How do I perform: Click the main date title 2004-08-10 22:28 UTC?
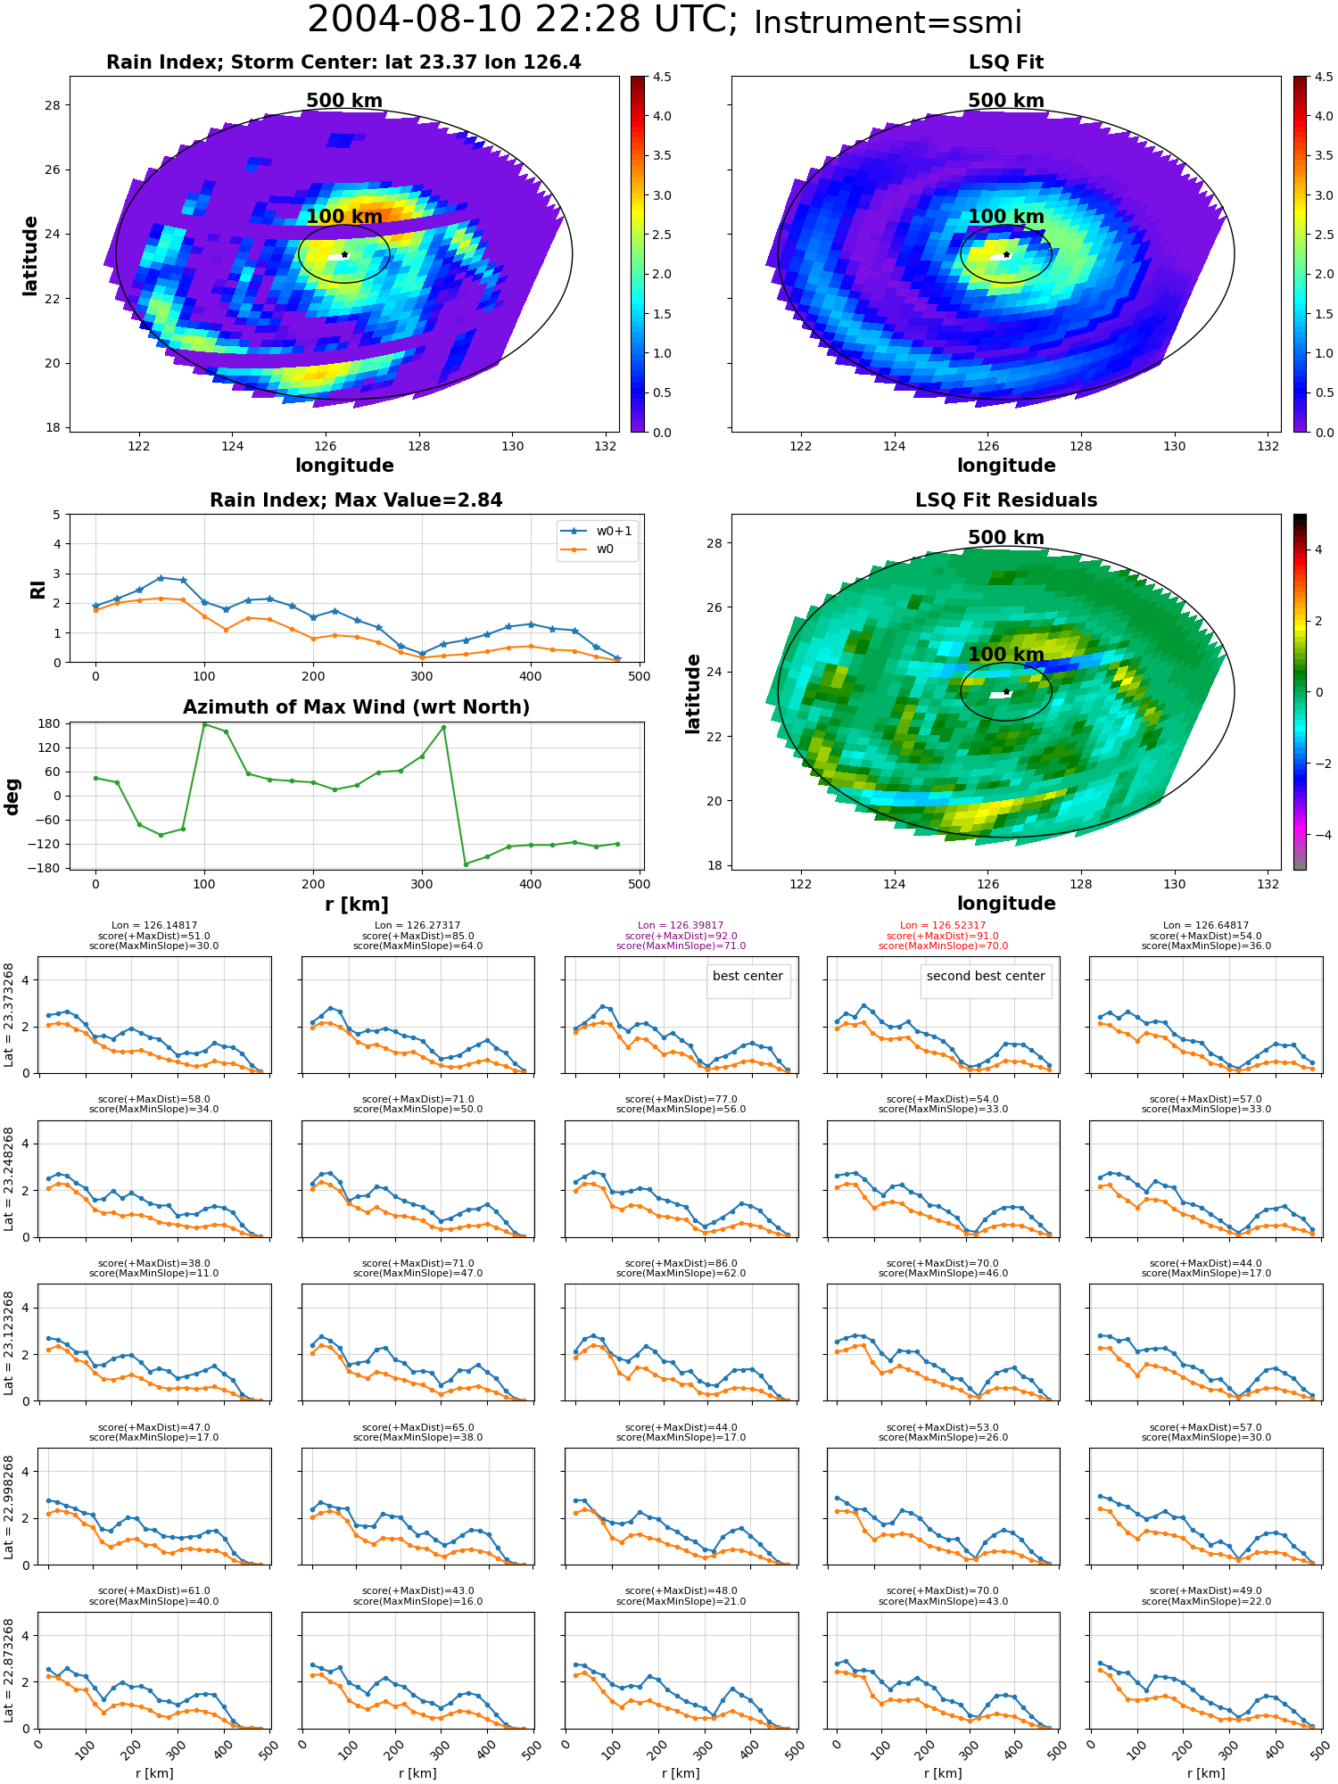[522, 20]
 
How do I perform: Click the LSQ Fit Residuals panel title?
[1006, 500]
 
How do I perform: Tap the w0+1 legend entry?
[597, 532]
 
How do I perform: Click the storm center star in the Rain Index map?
[344, 254]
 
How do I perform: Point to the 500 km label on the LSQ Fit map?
[1006, 101]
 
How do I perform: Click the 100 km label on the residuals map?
[1006, 655]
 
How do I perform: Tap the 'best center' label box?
[747, 977]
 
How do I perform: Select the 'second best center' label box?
[986, 977]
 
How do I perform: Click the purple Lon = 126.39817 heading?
[681, 926]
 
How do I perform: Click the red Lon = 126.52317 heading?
[943, 926]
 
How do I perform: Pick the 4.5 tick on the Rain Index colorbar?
[662, 77]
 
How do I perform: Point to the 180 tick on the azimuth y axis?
[50, 723]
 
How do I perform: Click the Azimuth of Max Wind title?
[356, 707]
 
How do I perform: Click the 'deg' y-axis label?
[12, 797]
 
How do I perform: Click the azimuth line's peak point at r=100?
[204, 724]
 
